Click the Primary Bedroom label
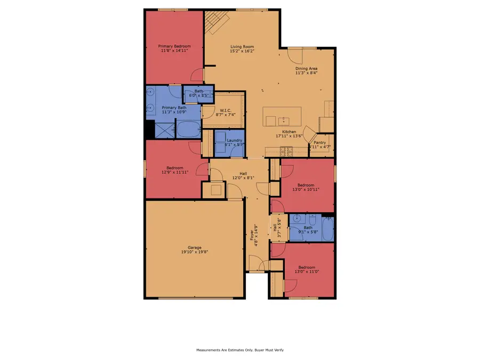point(174,46)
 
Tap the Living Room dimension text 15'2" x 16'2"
point(242,51)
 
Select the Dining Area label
point(307,68)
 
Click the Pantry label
point(319,142)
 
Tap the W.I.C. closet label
point(224,110)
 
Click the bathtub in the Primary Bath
point(187,130)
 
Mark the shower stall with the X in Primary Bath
point(164,130)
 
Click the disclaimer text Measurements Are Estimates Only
point(240,350)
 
